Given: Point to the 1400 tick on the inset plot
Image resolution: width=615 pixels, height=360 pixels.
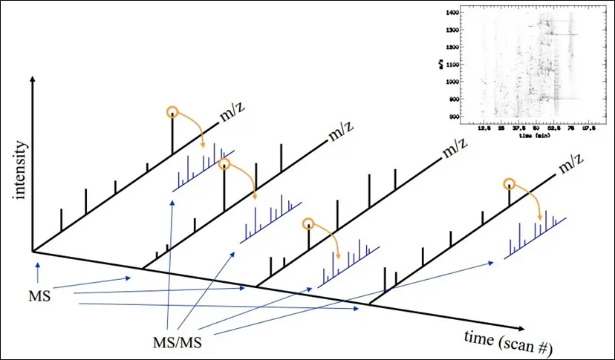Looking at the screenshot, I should pos(450,13).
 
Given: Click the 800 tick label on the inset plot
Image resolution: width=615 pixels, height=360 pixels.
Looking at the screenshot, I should pos(452,117).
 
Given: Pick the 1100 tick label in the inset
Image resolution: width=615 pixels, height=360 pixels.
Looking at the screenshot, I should pos(450,65).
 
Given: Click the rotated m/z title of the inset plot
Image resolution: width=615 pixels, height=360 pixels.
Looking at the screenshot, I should pos(441,65).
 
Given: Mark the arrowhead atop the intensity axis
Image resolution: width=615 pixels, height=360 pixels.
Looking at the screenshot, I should pos(31,78).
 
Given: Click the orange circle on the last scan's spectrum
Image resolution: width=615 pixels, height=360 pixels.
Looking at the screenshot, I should pos(509,184).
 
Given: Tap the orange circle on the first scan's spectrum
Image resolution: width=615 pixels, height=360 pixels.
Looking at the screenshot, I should pos(172,112).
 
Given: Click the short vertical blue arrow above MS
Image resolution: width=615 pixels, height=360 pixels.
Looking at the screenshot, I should pos(34,269).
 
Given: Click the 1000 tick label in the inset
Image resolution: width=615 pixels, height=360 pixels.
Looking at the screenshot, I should pos(450,82).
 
